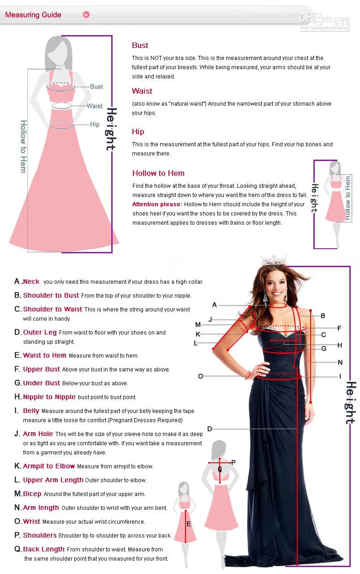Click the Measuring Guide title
33,15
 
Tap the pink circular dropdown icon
86,15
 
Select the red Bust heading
140,45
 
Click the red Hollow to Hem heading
158,173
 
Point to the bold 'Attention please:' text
157,204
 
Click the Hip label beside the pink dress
95,124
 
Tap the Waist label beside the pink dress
95,106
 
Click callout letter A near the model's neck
215,305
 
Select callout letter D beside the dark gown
210,429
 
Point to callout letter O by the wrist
200,376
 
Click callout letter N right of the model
340,362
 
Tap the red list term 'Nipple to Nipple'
49,397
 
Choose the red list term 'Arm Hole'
38,434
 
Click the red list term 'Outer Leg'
40,332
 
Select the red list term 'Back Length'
44,549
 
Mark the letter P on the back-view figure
234,462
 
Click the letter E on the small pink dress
188,524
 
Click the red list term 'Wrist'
32,521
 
